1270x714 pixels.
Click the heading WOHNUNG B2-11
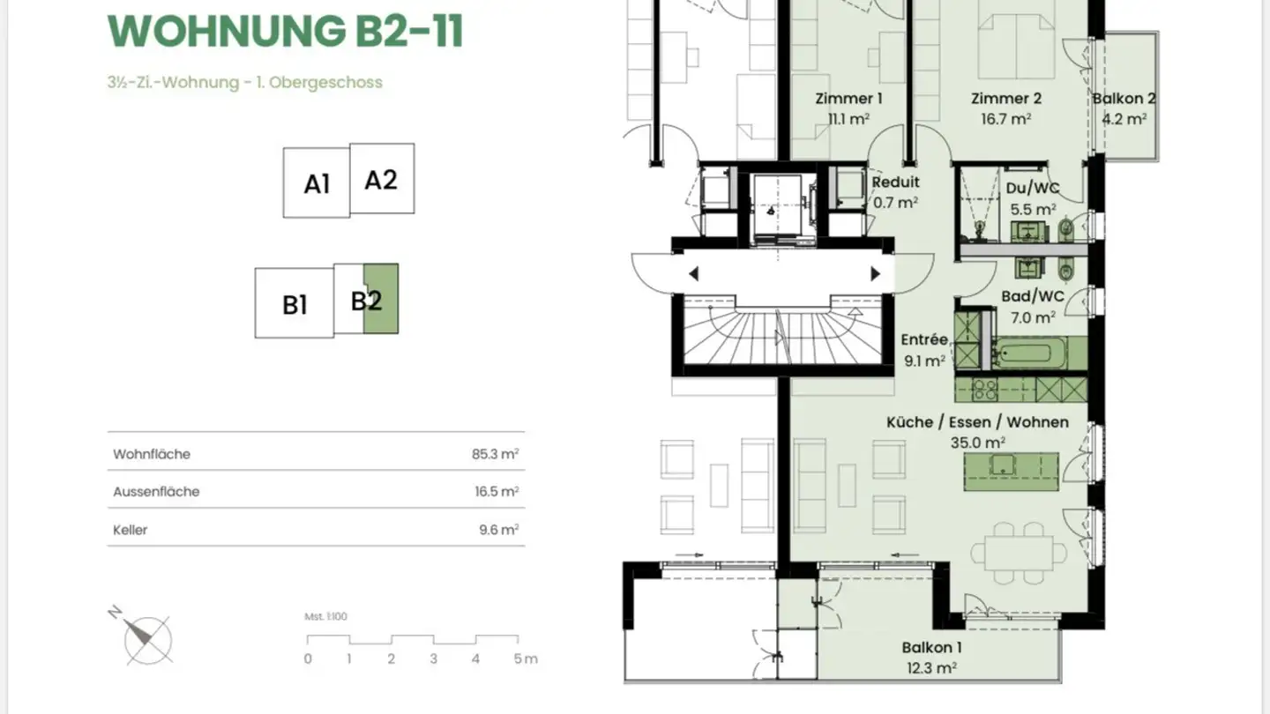point(285,31)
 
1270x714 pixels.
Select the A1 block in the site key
point(317,182)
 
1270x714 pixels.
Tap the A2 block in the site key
point(382,178)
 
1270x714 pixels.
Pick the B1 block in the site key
point(295,302)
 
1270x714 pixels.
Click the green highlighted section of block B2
point(380,299)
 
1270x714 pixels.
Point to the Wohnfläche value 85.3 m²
point(495,454)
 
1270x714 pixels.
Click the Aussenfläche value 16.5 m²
point(497,491)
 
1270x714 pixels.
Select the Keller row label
point(130,530)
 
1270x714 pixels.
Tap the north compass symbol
point(144,637)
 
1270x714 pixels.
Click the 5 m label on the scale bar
point(525,658)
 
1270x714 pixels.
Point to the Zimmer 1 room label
point(848,99)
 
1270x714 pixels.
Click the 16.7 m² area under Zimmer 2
point(1005,119)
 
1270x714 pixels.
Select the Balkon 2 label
point(1124,99)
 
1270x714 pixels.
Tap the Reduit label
point(895,182)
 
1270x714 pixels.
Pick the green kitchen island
point(1011,472)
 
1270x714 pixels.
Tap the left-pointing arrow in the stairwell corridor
point(693,273)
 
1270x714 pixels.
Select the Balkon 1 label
point(931,647)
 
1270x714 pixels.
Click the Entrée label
point(924,339)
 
